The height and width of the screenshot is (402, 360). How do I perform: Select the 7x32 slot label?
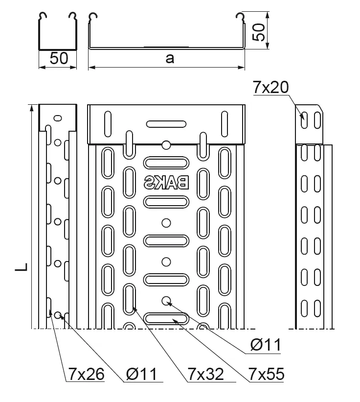point(205,375)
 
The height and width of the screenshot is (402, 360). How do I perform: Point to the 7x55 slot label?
point(266,375)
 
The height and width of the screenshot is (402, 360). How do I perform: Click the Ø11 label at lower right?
point(265,345)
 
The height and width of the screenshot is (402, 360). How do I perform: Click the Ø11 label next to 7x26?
point(140,375)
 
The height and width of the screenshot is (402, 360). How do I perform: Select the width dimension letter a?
point(169,58)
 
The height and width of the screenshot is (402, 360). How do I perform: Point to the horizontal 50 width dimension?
point(58,58)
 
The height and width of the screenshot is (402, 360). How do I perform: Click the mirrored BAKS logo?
point(166,183)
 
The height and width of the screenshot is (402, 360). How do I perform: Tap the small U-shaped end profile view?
point(58,32)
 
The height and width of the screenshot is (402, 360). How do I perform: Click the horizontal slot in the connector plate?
point(166,124)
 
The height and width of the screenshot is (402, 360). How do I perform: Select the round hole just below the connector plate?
point(166,145)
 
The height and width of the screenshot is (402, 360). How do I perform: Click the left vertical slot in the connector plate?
point(106,124)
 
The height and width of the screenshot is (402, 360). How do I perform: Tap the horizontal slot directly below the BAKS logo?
point(166,201)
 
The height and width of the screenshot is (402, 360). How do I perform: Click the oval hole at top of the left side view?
point(58,118)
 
